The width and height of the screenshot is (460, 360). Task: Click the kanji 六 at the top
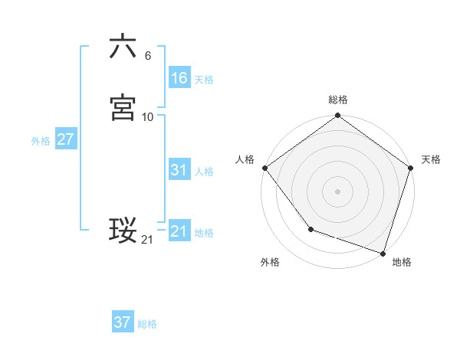coord(123,47)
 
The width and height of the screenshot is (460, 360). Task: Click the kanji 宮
coord(123,107)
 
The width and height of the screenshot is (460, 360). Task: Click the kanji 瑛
coord(123,231)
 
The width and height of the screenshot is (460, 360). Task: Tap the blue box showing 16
coord(179,78)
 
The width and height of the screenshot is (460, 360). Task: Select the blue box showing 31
coord(179,170)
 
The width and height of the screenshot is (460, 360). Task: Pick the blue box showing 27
coord(65,139)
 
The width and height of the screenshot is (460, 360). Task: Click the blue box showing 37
coord(122,322)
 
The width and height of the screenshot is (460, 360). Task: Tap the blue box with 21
coord(179,231)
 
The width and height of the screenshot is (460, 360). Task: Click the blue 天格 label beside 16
coord(204,80)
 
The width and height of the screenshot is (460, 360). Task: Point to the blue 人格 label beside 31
coord(204,172)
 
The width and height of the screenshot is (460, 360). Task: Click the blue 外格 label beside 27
coord(41,141)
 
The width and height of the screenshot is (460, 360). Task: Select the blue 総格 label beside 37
coord(147,324)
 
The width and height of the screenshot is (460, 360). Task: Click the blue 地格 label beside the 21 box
coord(204,233)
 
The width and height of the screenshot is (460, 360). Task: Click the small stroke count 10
coord(148,117)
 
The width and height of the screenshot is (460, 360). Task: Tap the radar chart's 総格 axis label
coord(338,100)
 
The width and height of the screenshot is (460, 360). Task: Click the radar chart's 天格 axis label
coord(432,159)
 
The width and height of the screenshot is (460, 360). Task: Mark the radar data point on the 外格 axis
coord(310,228)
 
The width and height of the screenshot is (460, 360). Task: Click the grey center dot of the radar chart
coord(338,191)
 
